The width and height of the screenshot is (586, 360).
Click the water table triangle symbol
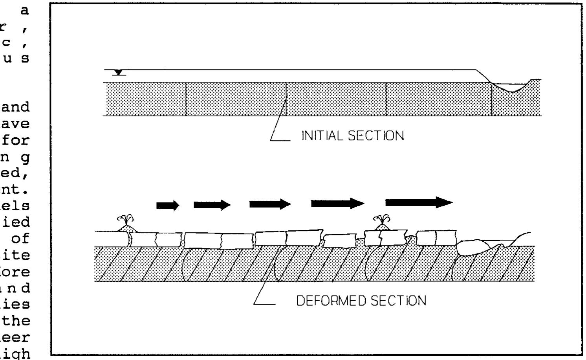click(119, 73)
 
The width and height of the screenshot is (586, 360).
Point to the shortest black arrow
click(168, 205)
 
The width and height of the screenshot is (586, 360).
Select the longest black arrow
click(419, 202)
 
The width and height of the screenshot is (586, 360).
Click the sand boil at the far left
click(127, 225)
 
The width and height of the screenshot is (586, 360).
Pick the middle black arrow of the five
click(270, 204)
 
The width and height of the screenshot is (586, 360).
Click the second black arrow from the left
click(212, 204)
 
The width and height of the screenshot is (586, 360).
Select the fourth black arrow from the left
click(337, 203)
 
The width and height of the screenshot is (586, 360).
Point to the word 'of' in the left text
click(24, 239)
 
